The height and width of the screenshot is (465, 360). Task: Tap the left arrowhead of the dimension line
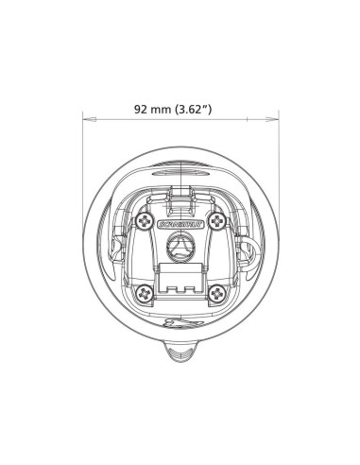pos(87,120)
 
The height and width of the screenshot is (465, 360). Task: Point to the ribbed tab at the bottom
pos(181,354)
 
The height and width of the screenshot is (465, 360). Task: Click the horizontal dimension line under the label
pos(181,120)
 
